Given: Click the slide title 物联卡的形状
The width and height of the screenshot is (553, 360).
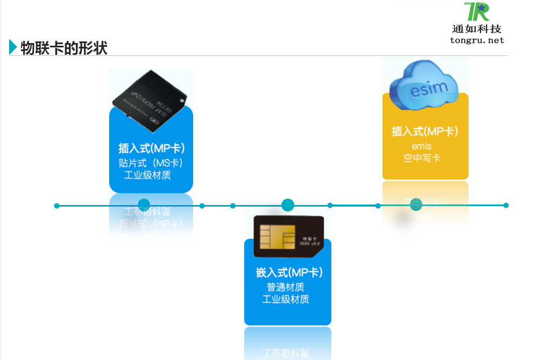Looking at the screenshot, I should [64, 48].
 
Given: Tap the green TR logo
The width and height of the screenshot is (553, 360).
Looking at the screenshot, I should [477, 11].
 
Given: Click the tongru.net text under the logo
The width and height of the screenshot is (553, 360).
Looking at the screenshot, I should [477, 40].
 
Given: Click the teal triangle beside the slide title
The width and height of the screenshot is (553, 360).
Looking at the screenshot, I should [13, 47].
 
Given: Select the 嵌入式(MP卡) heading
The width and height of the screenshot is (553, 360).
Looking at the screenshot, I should [289, 272].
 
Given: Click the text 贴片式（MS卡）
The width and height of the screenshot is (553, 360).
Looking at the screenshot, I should [151, 163].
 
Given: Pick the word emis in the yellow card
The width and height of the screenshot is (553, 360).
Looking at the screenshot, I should [422, 146].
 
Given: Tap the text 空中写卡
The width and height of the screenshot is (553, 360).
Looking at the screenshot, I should [422, 158].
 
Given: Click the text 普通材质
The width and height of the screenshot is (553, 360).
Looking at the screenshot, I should [286, 287].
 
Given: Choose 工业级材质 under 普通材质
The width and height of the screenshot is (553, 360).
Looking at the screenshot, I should [286, 299].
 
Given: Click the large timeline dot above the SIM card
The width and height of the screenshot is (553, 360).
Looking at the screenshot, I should [288, 205].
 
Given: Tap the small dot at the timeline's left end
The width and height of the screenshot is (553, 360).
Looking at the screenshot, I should [57, 206].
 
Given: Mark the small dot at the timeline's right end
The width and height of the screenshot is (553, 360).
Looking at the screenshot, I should [506, 205].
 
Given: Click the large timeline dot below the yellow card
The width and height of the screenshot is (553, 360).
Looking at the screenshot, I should [416, 204].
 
